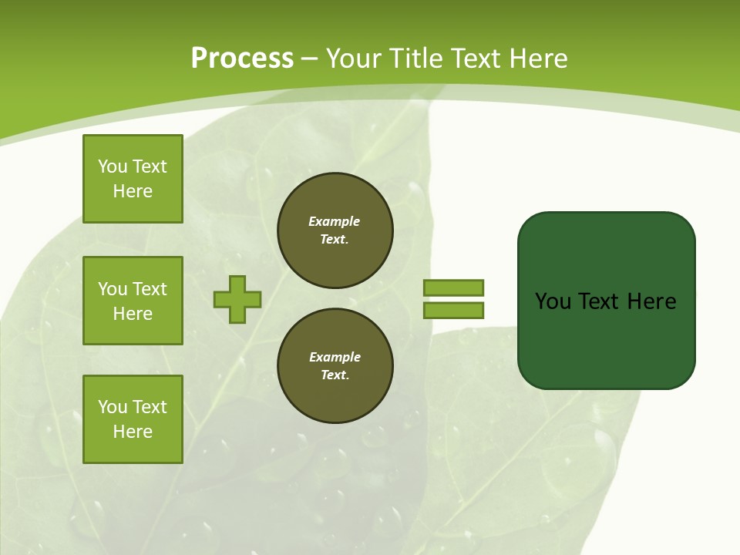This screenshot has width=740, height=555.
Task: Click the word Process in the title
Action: (x=242, y=59)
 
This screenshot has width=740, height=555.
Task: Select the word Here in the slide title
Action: (x=537, y=59)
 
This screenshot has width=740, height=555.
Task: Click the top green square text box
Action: (x=133, y=179)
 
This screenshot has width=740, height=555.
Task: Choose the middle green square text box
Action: (x=133, y=301)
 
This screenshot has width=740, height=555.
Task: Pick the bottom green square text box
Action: (x=133, y=419)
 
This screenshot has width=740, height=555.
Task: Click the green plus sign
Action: (x=237, y=299)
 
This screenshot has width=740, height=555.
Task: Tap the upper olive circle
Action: (x=335, y=230)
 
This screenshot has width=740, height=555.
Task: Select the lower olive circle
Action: (x=335, y=365)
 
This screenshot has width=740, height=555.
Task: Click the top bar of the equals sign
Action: (x=453, y=288)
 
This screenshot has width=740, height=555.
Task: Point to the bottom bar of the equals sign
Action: (x=453, y=310)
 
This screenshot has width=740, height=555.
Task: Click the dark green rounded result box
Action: (x=606, y=301)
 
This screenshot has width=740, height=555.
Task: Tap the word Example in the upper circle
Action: (x=335, y=221)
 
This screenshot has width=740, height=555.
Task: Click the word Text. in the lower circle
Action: (x=335, y=375)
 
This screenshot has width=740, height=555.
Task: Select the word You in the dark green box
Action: (x=553, y=301)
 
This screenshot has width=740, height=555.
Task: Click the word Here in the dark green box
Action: (x=651, y=301)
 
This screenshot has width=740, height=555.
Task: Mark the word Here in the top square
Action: (x=133, y=191)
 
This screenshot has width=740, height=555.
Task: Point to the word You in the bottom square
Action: (x=113, y=407)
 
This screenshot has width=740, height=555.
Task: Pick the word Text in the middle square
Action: (x=150, y=289)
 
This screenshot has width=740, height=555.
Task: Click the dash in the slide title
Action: (x=310, y=59)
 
